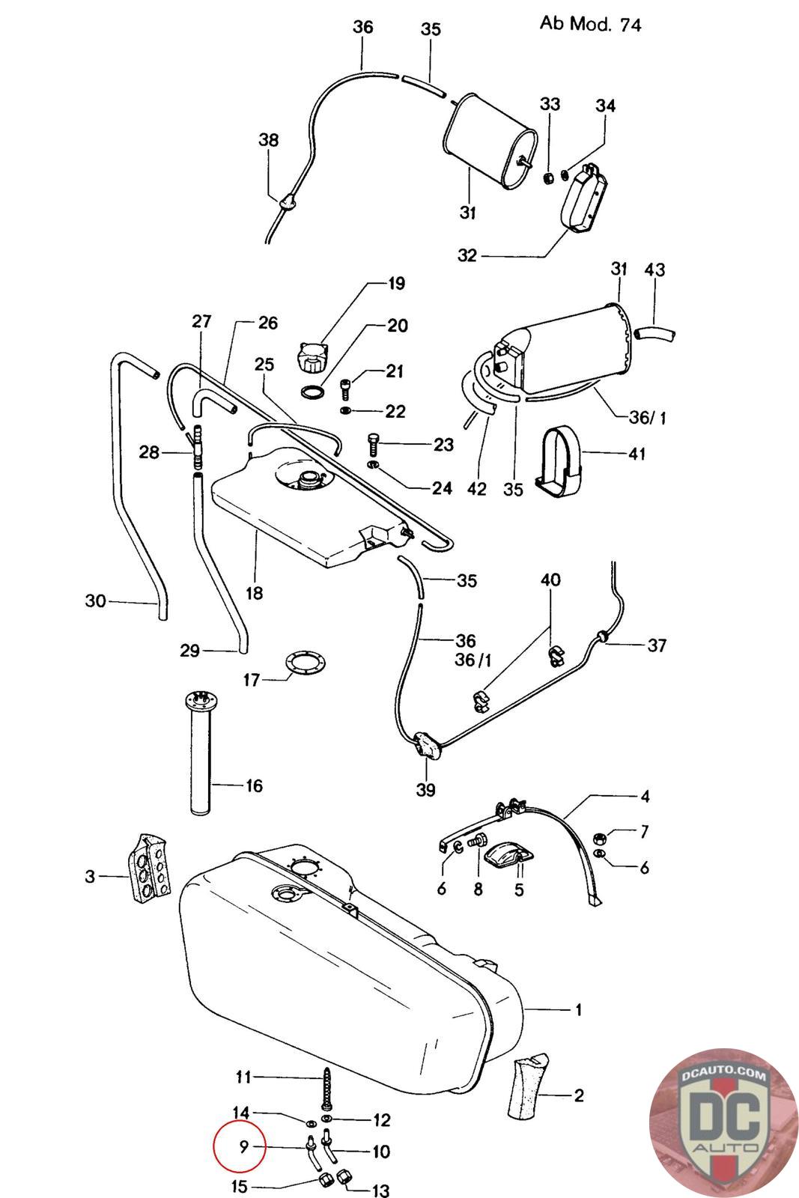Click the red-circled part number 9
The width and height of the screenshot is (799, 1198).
tap(244, 1146)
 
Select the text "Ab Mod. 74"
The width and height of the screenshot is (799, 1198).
tap(590, 24)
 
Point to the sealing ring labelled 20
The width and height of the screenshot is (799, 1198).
tap(313, 392)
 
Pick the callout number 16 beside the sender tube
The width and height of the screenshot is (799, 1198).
tap(254, 785)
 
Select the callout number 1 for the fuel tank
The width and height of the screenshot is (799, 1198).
tap(578, 1010)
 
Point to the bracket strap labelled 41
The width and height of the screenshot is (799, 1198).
tap(560, 460)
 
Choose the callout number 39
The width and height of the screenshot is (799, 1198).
tap(425, 790)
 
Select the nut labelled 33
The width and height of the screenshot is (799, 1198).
tap(547, 177)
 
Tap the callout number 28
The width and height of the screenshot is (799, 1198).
tap(149, 452)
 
